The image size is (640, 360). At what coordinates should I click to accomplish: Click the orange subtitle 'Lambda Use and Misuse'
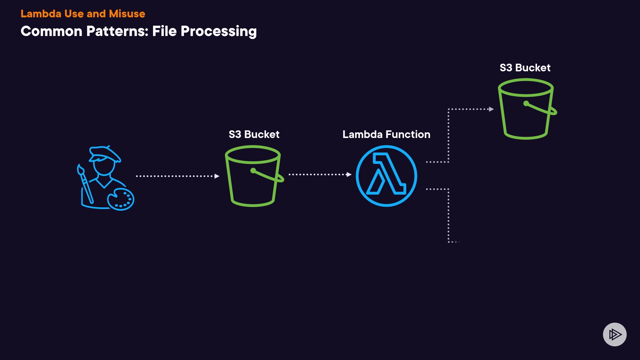83,14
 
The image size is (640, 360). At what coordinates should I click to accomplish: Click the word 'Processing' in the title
218,31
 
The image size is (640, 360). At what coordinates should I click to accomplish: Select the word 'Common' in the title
51,31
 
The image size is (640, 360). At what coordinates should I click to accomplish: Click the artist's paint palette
121,199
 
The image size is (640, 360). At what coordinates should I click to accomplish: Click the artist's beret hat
105,154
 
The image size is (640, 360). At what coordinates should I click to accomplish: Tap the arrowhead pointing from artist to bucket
217,176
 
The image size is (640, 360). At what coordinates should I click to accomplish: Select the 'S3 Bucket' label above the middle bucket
254,134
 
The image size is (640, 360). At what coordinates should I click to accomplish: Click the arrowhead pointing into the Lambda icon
349,174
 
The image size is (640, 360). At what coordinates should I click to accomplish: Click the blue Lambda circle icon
386,176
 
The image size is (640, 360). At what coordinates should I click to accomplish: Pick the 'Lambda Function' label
386,134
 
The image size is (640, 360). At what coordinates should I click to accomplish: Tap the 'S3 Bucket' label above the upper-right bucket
525,68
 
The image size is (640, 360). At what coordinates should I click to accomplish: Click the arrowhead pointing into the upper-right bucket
491,109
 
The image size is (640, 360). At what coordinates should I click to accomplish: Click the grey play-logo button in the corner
615,334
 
